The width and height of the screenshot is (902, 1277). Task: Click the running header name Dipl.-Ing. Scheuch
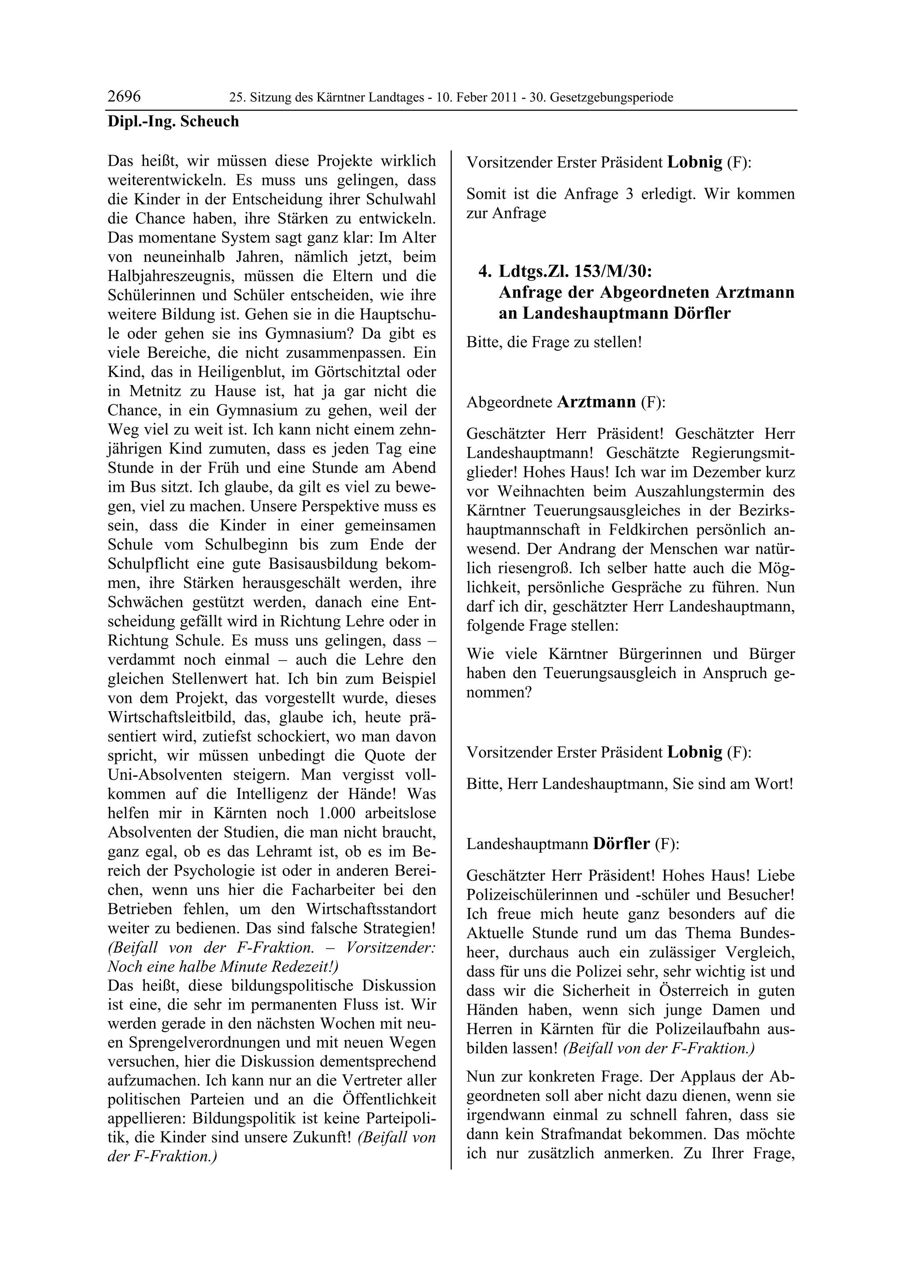click(x=173, y=121)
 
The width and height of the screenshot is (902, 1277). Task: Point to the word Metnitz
click(x=153, y=391)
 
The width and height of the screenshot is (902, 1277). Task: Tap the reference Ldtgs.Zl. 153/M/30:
click(x=575, y=271)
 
